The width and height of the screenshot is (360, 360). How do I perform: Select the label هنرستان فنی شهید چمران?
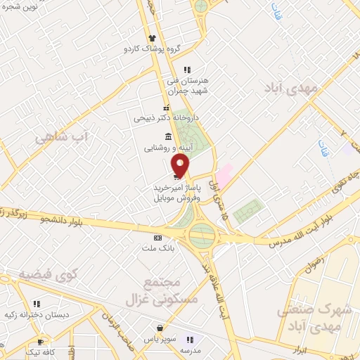[187, 84]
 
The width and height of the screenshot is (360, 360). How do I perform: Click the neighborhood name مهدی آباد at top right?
[292, 88]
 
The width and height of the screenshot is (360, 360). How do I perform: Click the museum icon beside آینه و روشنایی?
[167, 136]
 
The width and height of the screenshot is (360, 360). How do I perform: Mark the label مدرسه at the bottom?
[191, 349]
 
